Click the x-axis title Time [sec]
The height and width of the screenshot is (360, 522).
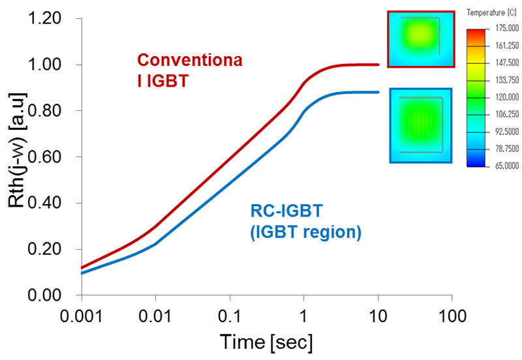266,342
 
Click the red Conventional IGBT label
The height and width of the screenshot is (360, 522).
190,71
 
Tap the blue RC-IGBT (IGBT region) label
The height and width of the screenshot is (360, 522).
305,221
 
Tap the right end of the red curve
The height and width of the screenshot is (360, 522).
378,65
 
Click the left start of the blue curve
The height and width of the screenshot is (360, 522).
82,273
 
